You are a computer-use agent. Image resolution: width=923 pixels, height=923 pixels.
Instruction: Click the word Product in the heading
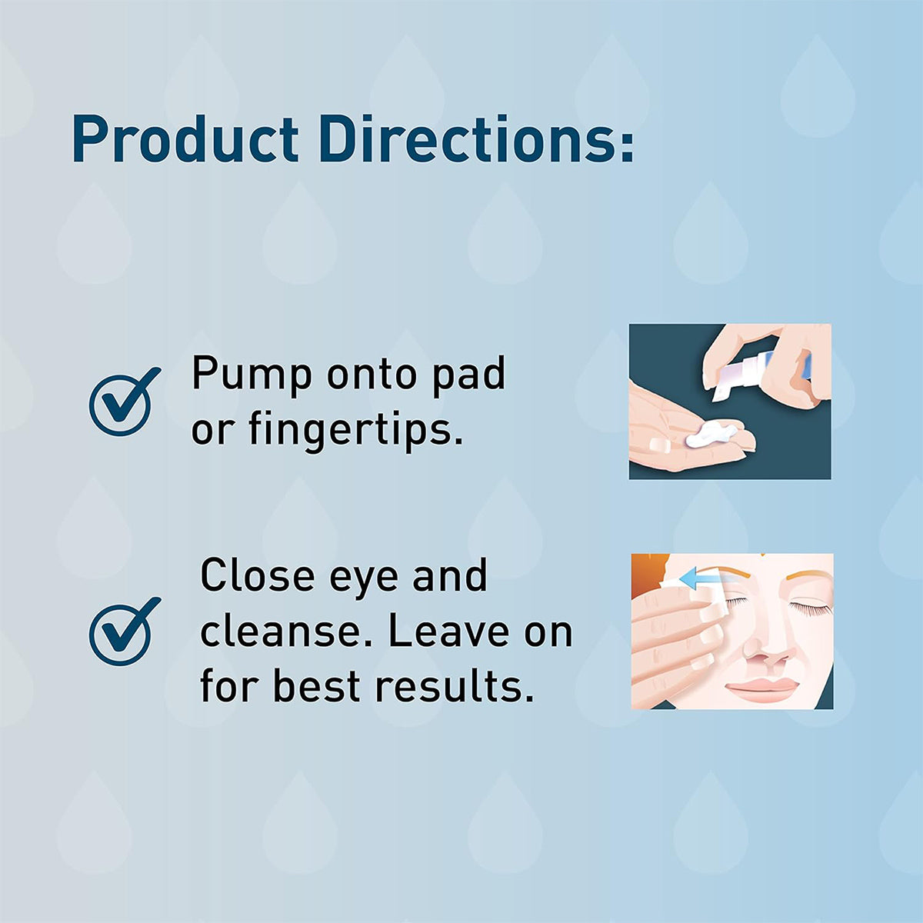point(185,139)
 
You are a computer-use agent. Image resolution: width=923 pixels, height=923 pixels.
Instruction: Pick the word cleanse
point(288,631)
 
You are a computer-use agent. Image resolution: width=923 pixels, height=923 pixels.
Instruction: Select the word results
point(455,686)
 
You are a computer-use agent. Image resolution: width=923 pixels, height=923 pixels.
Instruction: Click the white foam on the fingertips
point(708,436)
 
